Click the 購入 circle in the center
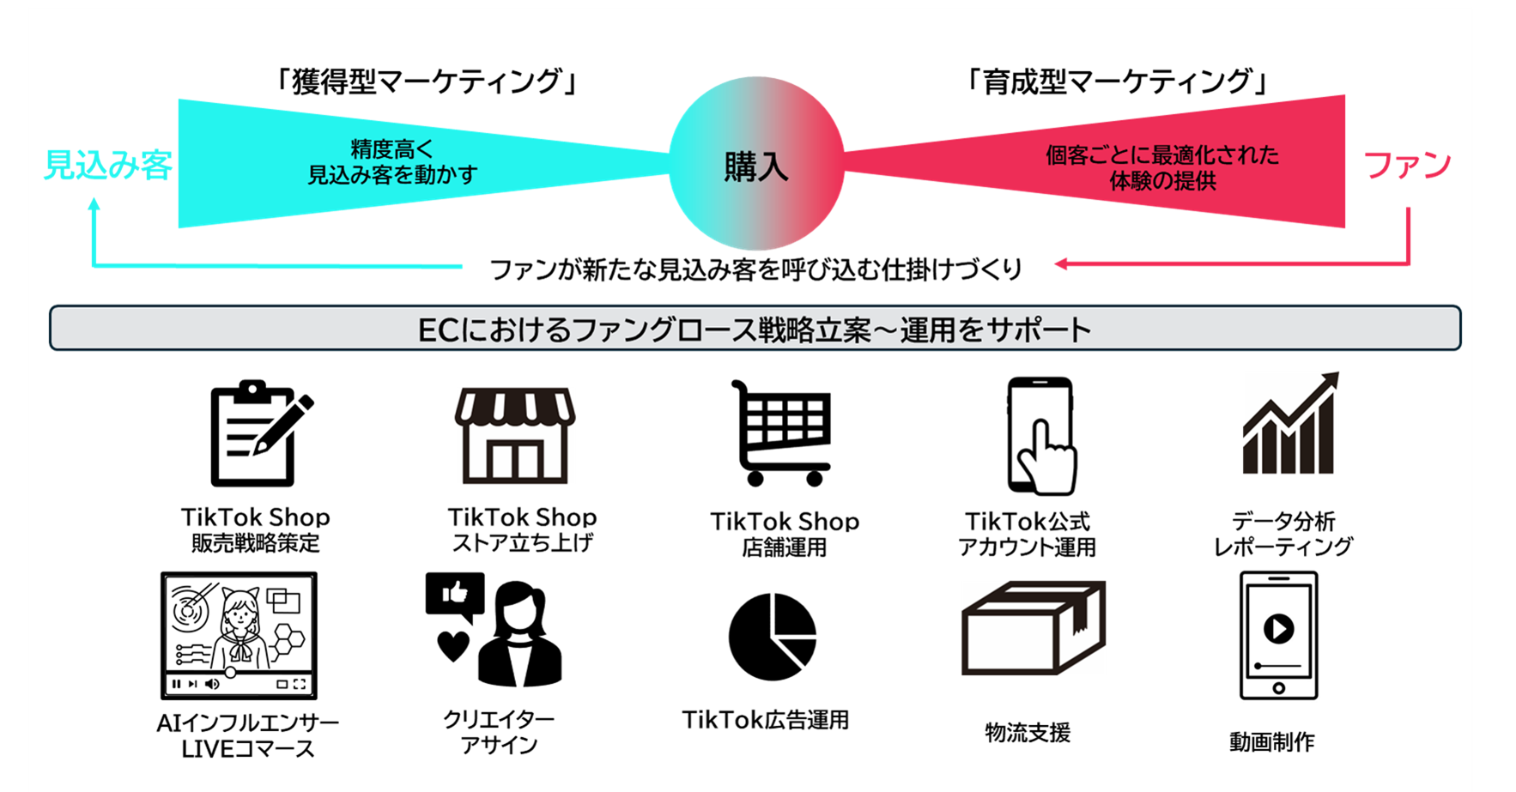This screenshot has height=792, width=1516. [756, 164]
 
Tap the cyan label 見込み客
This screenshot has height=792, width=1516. [108, 165]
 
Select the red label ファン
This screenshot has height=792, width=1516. [1407, 165]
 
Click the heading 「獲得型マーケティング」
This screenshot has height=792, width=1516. [427, 82]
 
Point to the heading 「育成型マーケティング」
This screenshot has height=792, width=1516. [1117, 82]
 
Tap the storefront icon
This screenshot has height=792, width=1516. [515, 435]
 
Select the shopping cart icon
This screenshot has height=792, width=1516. [781, 433]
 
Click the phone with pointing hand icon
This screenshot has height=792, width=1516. [1040, 436]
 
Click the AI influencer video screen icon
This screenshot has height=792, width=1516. [239, 636]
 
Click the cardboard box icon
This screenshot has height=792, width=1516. [1034, 627]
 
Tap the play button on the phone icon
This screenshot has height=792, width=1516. [1278, 629]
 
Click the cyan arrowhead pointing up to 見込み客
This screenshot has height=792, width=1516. [94, 205]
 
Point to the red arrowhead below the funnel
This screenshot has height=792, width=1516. [1061, 264]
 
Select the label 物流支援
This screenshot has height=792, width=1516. [1028, 732]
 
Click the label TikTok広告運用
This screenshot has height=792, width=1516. [765, 719]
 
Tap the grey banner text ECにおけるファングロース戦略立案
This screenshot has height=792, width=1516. [644, 329]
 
